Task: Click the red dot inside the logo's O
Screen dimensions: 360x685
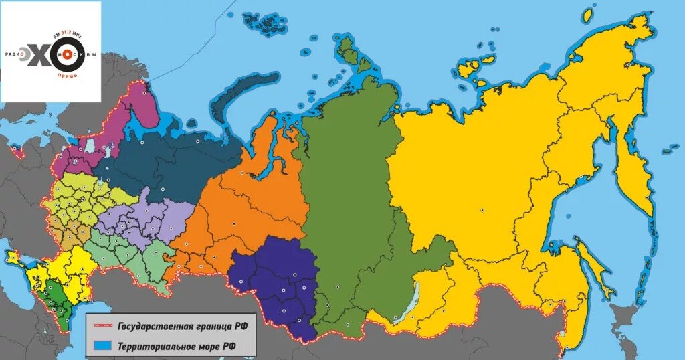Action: click(x=66, y=53)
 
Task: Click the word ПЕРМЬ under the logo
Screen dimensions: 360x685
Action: click(x=67, y=75)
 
